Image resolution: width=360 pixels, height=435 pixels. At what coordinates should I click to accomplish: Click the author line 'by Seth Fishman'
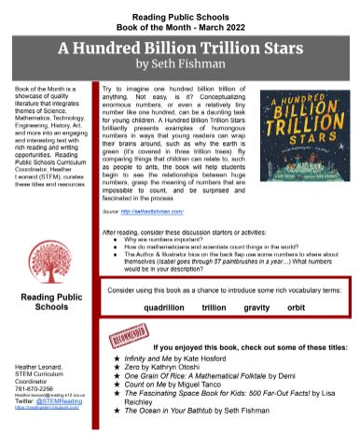click(181, 64)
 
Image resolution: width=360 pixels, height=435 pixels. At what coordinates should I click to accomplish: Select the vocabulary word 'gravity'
click(257, 281)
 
